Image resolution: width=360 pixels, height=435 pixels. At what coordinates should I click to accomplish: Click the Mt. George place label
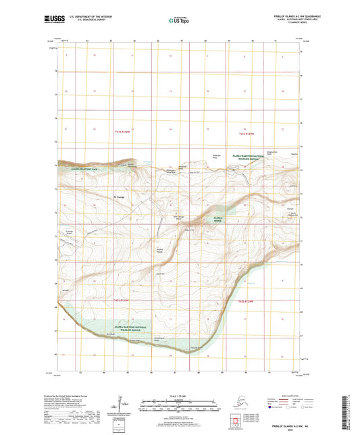119,197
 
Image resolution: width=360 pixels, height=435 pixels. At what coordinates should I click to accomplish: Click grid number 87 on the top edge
182,41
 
